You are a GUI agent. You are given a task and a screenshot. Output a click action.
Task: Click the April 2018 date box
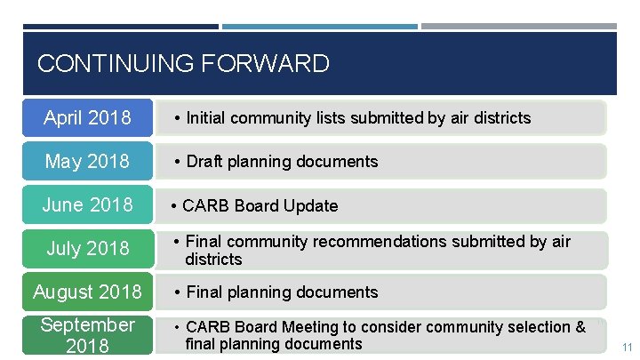(87, 117)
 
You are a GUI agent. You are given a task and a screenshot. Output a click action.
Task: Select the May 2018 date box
(87, 161)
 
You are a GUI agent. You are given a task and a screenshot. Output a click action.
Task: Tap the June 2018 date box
(87, 204)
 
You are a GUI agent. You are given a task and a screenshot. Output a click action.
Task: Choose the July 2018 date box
(87, 248)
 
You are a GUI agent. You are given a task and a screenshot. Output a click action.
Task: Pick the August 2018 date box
(87, 292)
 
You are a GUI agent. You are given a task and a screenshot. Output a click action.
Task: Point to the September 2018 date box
(87, 334)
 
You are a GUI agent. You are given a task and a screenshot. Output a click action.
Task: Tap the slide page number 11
(627, 347)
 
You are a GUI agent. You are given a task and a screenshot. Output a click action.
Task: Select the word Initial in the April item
(207, 117)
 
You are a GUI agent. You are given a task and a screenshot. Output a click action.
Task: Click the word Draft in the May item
(204, 161)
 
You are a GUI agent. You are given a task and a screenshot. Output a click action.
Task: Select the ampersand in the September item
(580, 327)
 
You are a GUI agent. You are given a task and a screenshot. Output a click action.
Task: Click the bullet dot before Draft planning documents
(178, 161)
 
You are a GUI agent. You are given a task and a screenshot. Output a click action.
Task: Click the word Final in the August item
(204, 292)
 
